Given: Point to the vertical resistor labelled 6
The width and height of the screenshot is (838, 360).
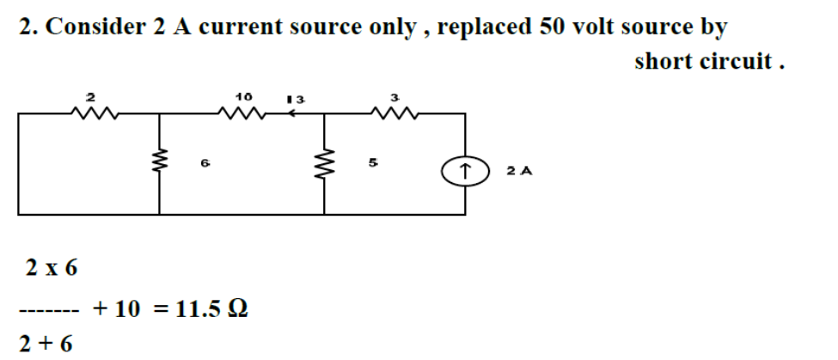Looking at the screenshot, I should click(158, 160).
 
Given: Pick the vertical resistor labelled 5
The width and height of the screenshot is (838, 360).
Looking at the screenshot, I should click(325, 160).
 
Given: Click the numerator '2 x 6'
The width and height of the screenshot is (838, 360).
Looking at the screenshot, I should click(50, 268).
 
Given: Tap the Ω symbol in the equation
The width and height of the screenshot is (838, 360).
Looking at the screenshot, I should click(241, 308).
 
